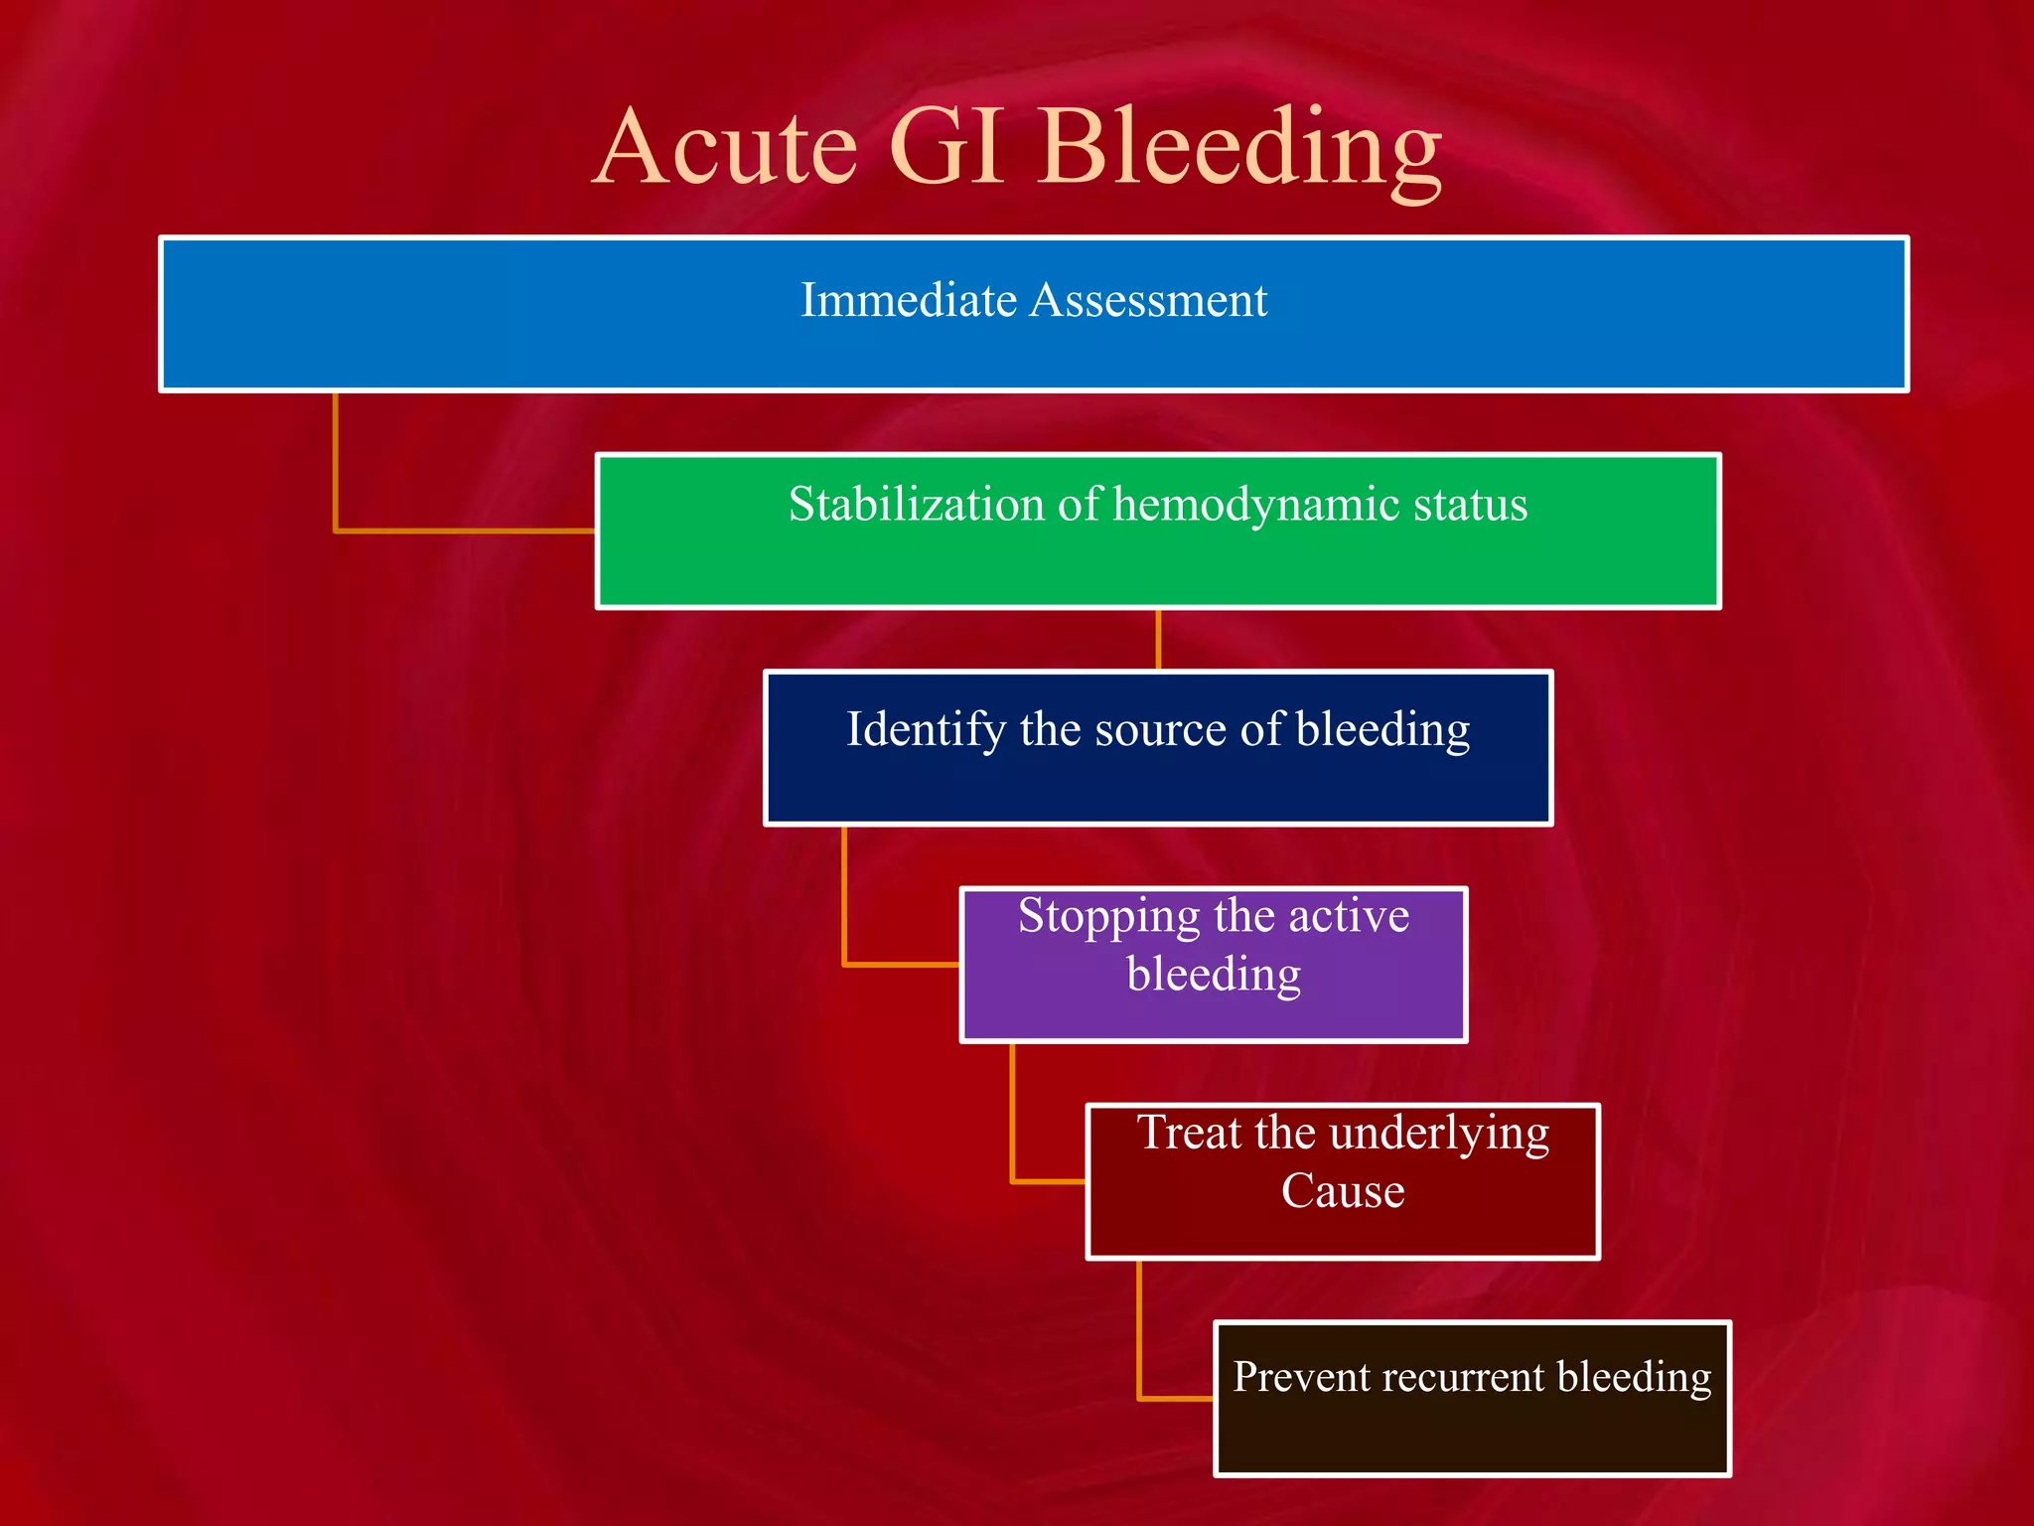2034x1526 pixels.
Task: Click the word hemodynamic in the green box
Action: tap(1255, 506)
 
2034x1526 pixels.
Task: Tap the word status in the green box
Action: tap(1470, 504)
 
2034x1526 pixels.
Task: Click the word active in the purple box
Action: tap(1348, 916)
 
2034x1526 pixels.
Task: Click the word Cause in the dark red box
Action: tap(1343, 1191)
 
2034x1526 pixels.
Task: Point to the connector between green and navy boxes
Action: tap(1158, 640)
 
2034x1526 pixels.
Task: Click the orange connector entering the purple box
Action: tap(899, 964)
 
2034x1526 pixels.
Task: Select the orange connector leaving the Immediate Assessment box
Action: tap(336, 467)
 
